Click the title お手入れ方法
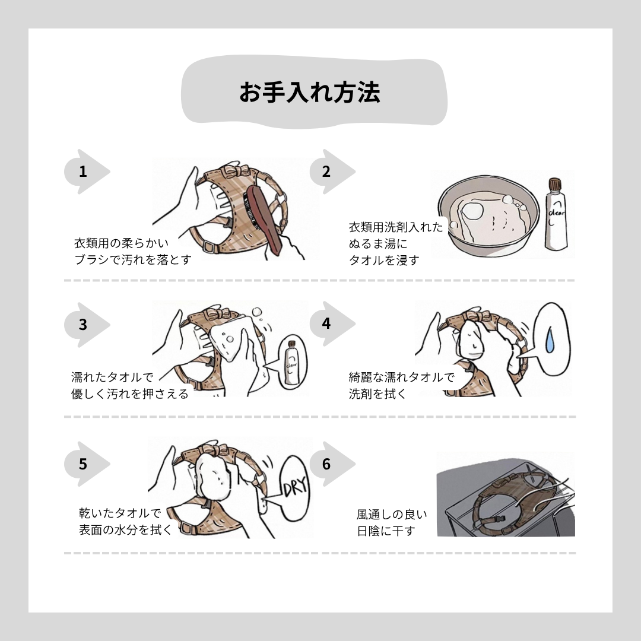309,92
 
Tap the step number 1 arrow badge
87,172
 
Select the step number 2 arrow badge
332,172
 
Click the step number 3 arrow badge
87,325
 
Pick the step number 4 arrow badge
332,323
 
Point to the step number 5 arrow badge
87,464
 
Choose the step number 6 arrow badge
332,464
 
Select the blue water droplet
550,339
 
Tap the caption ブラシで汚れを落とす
133,259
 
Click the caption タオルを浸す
384,260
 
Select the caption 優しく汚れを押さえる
129,394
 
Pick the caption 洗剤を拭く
377,394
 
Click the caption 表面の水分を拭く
125,530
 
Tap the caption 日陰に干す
386,531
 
